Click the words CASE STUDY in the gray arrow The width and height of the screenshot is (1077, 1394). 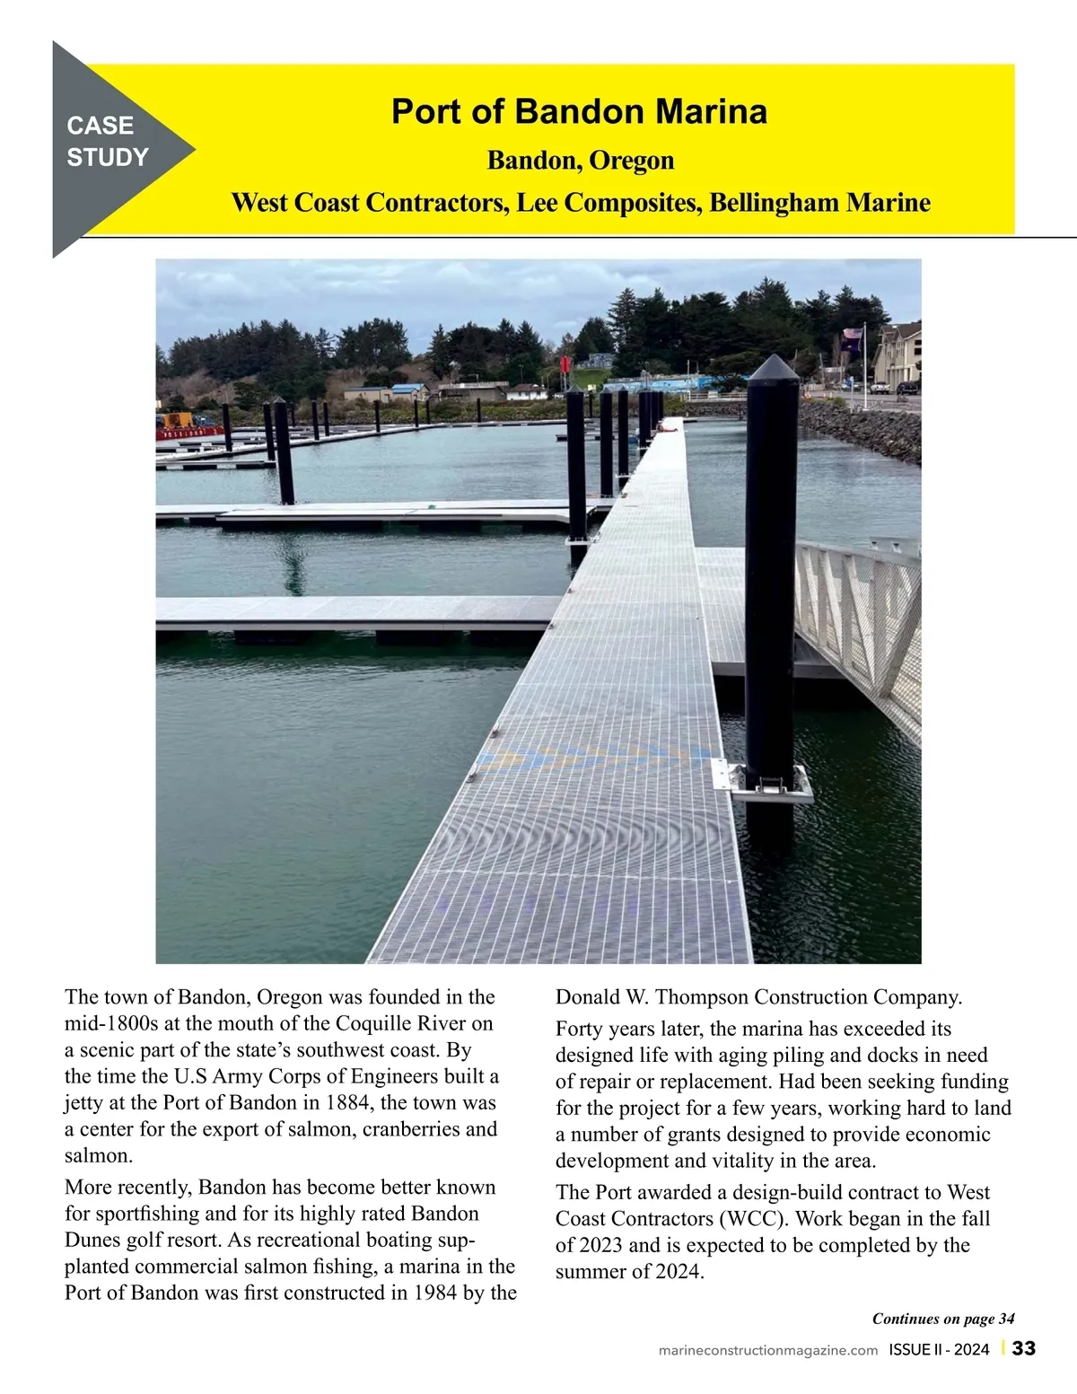pyautogui.click(x=107, y=142)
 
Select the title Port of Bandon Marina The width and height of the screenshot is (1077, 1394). pyautogui.click(x=579, y=112)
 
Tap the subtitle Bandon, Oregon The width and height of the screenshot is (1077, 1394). pyautogui.click(x=580, y=161)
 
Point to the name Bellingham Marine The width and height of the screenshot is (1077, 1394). pyautogui.click(x=819, y=202)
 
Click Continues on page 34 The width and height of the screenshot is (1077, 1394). pyautogui.click(x=942, y=1319)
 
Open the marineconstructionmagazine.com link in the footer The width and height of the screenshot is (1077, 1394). pyautogui.click(x=767, y=1350)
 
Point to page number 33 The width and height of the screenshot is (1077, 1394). pyautogui.click(x=1024, y=1349)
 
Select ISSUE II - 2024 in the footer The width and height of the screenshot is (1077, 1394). pyautogui.click(x=939, y=1350)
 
